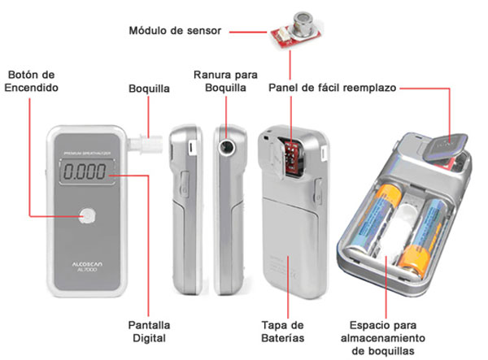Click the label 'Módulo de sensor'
[175, 32]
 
